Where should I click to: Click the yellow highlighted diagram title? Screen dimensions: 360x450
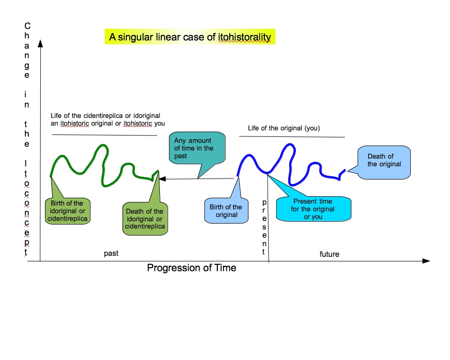[x=190, y=37]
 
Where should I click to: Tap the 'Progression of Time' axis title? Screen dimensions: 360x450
[x=191, y=268]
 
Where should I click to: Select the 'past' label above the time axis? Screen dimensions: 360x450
[x=111, y=253]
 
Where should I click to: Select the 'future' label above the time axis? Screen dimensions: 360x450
[x=329, y=254]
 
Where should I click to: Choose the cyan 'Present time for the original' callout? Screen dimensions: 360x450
[x=313, y=209]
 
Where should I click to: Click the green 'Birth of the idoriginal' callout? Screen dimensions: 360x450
[x=67, y=211]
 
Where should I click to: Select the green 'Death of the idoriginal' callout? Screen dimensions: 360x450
[x=144, y=218]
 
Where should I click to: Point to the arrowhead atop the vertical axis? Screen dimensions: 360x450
[x=41, y=44]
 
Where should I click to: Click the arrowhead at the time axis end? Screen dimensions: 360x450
[x=426, y=261]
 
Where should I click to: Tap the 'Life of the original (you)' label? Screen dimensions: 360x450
[x=283, y=128]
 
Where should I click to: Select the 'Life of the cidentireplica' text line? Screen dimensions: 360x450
[x=105, y=116]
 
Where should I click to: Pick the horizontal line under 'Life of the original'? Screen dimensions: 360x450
[x=292, y=137]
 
